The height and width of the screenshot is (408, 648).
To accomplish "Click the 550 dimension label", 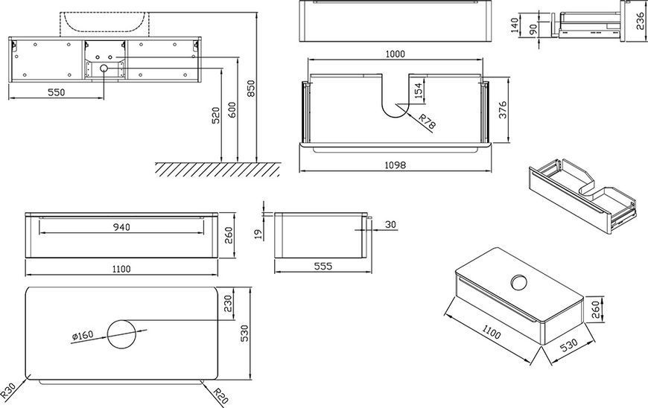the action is click(56, 92).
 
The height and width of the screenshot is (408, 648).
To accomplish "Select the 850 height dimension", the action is click(251, 89).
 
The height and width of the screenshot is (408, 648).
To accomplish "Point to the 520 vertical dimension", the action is click(215, 115).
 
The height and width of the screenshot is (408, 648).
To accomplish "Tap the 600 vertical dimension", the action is click(232, 111).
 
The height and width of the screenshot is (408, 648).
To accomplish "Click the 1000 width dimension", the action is click(395, 54).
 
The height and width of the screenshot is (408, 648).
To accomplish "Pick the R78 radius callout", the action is click(427, 122).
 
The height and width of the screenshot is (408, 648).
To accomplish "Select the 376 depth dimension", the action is click(503, 110).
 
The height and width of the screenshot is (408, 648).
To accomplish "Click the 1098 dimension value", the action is click(395, 165).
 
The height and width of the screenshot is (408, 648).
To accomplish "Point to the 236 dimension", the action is click(641, 20).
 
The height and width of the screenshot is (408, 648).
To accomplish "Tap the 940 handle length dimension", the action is click(121, 227).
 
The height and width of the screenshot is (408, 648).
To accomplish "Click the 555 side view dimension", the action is click(323, 267).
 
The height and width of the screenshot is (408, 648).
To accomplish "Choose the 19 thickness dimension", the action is click(258, 235).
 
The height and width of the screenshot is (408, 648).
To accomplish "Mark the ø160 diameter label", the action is click(83, 336).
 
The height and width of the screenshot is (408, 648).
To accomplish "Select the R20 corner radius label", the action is click(220, 395).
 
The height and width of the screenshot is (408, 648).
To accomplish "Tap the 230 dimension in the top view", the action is click(228, 304).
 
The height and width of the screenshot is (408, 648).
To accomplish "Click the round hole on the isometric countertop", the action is click(518, 282).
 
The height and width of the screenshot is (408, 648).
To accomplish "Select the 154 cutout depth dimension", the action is click(419, 92).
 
